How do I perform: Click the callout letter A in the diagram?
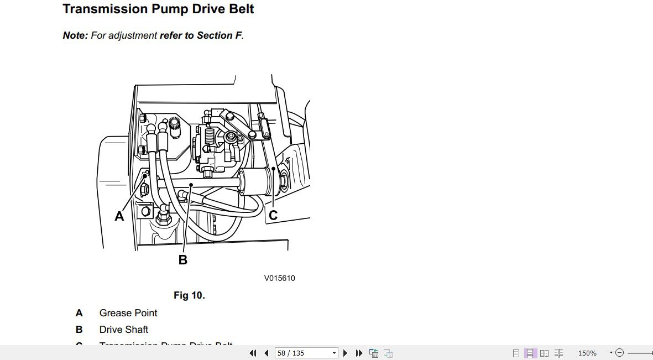(x=119, y=217)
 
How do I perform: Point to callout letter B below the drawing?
(x=183, y=259)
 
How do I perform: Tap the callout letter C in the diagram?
(x=273, y=215)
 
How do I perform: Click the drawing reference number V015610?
(x=279, y=278)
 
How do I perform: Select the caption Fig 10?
(x=189, y=295)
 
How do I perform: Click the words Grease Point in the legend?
(x=128, y=313)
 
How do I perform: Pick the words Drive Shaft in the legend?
(x=124, y=330)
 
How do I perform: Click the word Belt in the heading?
(x=242, y=9)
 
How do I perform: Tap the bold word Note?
(x=75, y=35)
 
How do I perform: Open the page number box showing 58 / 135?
(x=306, y=353)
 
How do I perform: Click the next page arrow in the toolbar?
(x=346, y=353)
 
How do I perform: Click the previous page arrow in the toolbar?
(x=267, y=353)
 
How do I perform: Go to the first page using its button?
(x=253, y=353)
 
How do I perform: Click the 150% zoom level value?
(x=587, y=353)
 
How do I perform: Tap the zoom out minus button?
(x=620, y=353)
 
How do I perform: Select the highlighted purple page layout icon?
(x=530, y=353)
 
